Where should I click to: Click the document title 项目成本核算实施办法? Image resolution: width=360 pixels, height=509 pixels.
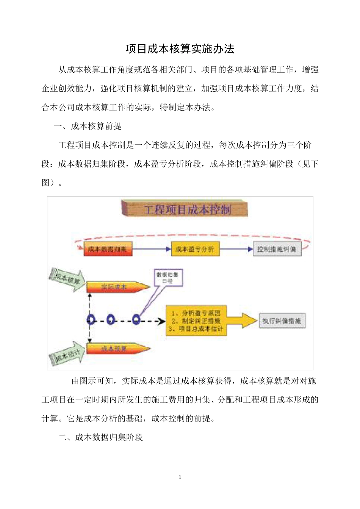tap(180, 49)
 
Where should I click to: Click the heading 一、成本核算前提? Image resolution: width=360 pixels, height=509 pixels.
tap(88, 126)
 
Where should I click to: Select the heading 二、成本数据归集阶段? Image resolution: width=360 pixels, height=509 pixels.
tap(101, 437)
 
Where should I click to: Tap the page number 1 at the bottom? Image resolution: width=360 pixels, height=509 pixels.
tap(180, 477)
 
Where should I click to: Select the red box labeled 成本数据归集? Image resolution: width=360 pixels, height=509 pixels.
tap(108, 249)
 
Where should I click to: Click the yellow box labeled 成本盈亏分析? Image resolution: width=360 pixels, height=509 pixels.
tap(195, 249)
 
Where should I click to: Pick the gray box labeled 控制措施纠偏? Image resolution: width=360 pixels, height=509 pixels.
tap(277, 249)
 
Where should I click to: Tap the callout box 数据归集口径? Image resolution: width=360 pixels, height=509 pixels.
tap(167, 278)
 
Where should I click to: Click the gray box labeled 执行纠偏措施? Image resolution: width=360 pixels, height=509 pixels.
tap(282, 321)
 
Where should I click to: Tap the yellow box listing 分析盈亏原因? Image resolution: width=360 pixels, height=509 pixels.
tap(196, 321)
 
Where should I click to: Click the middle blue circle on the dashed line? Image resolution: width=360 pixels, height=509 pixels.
tap(111, 320)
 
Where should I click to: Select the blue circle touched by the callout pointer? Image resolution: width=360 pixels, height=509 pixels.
tap(136, 320)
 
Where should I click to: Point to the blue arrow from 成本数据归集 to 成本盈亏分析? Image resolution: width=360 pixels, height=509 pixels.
tap(152, 249)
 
